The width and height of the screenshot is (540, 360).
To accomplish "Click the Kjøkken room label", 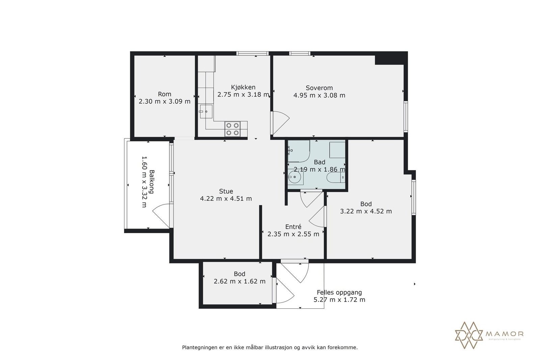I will click(x=243, y=87).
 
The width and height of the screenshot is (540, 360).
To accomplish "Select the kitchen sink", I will click(x=206, y=111).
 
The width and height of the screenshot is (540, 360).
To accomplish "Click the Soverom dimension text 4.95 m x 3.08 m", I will click(x=319, y=95).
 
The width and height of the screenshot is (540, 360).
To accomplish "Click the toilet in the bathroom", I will click(x=335, y=178).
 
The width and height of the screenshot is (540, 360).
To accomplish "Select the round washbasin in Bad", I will click(x=295, y=177).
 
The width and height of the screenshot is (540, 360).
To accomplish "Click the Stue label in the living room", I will click(x=226, y=191).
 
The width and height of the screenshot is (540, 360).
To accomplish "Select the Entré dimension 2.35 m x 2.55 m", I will click(x=293, y=234).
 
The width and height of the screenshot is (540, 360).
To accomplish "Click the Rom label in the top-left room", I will click(x=164, y=94).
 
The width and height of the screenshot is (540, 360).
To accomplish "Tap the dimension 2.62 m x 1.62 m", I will click(x=240, y=281).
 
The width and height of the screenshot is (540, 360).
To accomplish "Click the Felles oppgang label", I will click(x=339, y=293).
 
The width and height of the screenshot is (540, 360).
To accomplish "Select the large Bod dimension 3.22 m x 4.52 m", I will click(x=366, y=212).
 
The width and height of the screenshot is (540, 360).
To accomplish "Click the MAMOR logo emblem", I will click(x=469, y=335).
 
